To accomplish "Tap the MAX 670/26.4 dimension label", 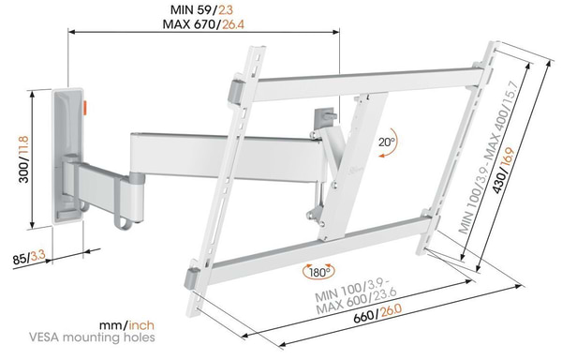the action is click(x=203, y=24).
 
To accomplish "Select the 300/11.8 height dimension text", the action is click(x=24, y=158).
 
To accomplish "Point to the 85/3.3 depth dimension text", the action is click(x=29, y=258).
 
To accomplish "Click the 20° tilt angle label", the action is click(x=386, y=142).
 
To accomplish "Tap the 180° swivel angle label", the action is click(x=318, y=273).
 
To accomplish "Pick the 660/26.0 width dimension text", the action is click(x=377, y=314).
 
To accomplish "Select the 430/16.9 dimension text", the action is click(x=505, y=170).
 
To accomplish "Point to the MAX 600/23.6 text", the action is click(x=357, y=302).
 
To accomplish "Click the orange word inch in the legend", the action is click(x=141, y=325).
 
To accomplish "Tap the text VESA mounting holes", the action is click(x=92, y=337).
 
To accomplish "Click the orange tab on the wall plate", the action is click(x=85, y=108).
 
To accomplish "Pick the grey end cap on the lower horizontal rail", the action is click(x=192, y=277).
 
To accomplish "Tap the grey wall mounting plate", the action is click(x=68, y=157).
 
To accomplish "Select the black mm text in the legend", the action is click(x=111, y=325).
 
